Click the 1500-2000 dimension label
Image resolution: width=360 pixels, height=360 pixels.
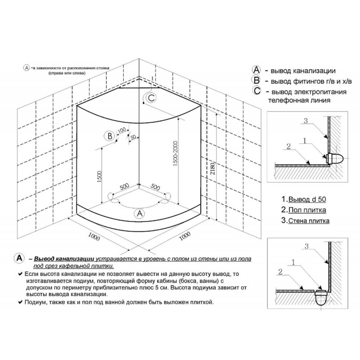tap(175, 153)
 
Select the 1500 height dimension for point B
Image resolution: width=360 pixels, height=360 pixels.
tap(99, 176)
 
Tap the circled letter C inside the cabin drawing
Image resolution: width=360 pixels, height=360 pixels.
tap(151, 98)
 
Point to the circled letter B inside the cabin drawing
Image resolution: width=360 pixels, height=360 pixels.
tap(110, 136)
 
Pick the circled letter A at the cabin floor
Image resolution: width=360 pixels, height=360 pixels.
tap(139, 213)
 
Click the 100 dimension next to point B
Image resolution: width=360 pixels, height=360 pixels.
tap(122, 130)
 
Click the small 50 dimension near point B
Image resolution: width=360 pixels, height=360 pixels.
tap(133, 137)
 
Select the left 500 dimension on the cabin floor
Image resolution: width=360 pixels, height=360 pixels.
tap(124, 186)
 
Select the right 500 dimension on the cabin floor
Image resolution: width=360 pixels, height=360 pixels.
tap(155, 187)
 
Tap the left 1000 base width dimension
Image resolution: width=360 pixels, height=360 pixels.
tap(94, 237)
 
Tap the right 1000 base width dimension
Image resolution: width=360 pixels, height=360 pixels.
tap(185, 236)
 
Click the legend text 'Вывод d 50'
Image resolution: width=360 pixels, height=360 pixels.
tap(307, 199)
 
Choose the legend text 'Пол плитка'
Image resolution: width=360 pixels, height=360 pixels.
tap(307, 210)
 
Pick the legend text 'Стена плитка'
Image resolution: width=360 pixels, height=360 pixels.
tap(309, 220)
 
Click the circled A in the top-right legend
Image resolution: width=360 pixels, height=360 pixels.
tap(256, 70)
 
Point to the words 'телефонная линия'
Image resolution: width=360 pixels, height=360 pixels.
tap(299, 100)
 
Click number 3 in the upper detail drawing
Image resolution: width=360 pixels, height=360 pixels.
tap(306, 121)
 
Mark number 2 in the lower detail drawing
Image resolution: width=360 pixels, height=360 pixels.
tap(280, 272)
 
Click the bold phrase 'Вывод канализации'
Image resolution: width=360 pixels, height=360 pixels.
tap(64, 259)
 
